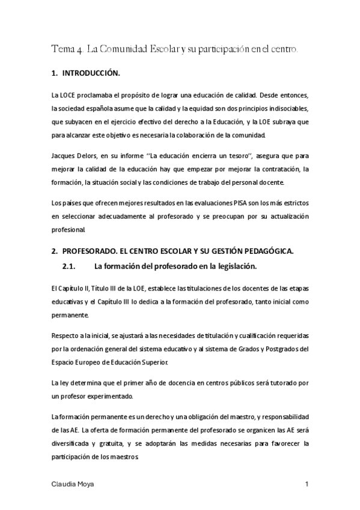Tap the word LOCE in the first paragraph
[67, 96]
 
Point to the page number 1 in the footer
[307, 484]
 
